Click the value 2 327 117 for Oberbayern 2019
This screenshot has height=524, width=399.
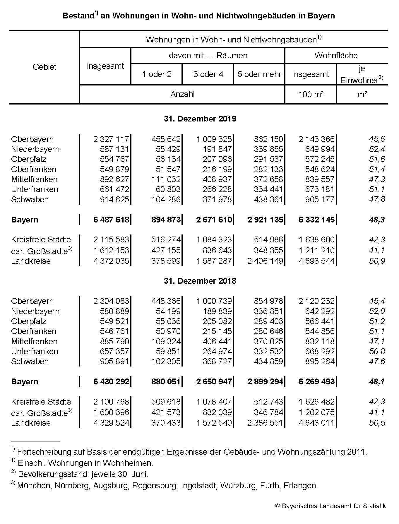click(x=111, y=139)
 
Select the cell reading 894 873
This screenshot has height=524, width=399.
click(x=166, y=220)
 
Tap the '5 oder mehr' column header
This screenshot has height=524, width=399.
click(x=259, y=74)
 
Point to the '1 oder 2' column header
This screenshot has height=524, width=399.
click(x=157, y=74)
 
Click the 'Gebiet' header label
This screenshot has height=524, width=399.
click(x=44, y=67)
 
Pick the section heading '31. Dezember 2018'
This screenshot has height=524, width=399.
click(x=200, y=281)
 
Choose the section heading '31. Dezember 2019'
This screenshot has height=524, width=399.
click(x=200, y=119)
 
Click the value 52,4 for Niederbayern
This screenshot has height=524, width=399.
click(x=377, y=149)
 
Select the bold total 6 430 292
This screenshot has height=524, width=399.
click(x=111, y=382)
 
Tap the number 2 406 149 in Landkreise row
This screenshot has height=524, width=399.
click(x=265, y=261)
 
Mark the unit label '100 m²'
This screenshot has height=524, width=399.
click(x=311, y=95)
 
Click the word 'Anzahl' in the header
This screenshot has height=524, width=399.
click(x=182, y=94)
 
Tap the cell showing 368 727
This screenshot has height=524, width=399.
click(x=217, y=362)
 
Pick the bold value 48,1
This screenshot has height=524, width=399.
click(x=377, y=382)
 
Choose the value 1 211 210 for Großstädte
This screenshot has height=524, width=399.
click(x=316, y=251)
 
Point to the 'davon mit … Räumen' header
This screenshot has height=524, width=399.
click(x=208, y=56)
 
